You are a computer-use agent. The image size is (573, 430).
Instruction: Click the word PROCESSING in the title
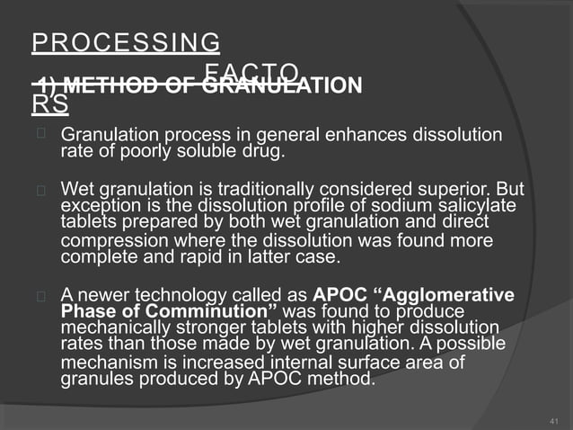[x=126, y=42]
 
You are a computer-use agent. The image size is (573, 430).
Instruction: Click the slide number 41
[x=552, y=419]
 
